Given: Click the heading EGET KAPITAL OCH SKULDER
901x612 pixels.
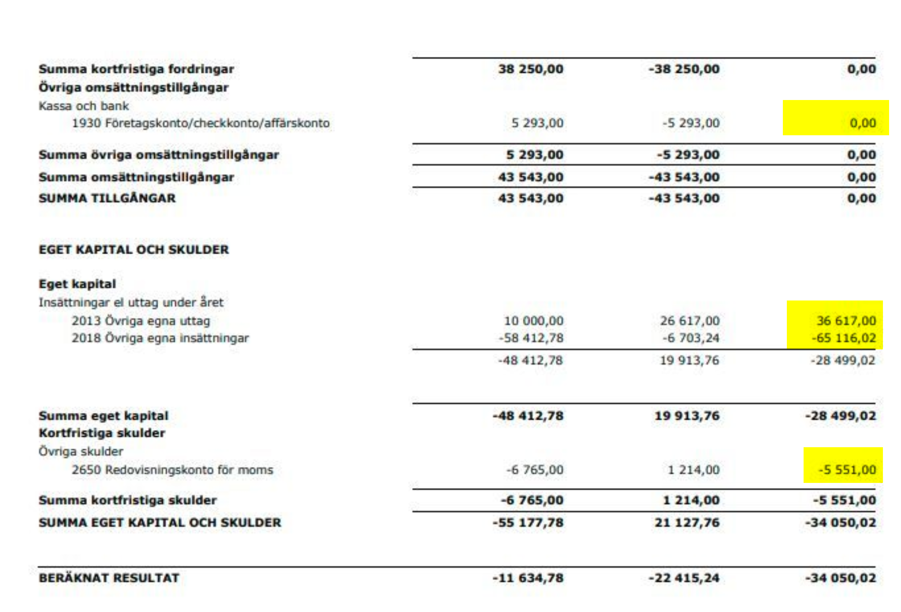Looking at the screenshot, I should point(134,249).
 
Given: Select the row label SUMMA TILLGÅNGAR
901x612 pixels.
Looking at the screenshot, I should point(107,198).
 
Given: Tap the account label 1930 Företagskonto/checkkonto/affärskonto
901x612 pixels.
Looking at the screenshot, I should point(201,123).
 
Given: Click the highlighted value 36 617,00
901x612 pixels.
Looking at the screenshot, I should point(846,320).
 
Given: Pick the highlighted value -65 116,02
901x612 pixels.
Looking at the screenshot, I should point(844,338).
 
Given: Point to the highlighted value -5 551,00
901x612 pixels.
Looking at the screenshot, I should point(847,469).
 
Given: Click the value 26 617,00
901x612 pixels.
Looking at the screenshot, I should point(689,320).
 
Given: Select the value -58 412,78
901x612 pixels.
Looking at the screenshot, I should point(531,338).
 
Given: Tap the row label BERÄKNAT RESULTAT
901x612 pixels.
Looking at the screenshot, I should point(109,578).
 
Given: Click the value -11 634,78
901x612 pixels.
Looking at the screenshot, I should point(528,578).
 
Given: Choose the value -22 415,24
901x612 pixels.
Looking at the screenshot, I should point(684,578).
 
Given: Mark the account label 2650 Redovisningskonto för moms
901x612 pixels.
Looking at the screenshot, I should point(172,470).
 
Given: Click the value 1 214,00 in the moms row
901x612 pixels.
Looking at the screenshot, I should point(693,470).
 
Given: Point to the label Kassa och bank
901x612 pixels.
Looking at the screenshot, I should point(84,106).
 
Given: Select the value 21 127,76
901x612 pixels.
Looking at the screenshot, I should point(687,523).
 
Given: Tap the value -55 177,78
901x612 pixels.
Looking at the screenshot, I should point(528,523).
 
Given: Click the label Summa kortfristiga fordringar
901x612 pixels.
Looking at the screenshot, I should point(136,69).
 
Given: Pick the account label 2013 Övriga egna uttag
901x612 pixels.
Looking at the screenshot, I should point(141,320).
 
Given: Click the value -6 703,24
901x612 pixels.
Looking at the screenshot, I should point(691,338).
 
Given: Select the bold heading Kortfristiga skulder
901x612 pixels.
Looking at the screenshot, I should point(102,433).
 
